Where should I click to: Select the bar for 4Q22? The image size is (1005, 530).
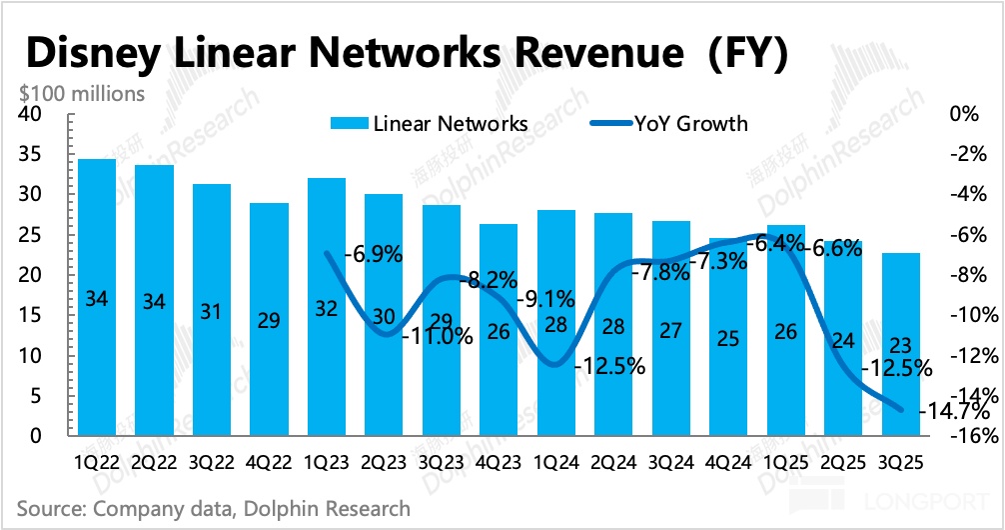270,320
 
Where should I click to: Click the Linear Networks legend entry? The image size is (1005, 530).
430,124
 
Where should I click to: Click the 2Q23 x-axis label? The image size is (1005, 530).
385,466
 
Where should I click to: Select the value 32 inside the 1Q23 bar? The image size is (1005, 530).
328,309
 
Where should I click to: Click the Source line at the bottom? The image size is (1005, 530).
214,508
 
